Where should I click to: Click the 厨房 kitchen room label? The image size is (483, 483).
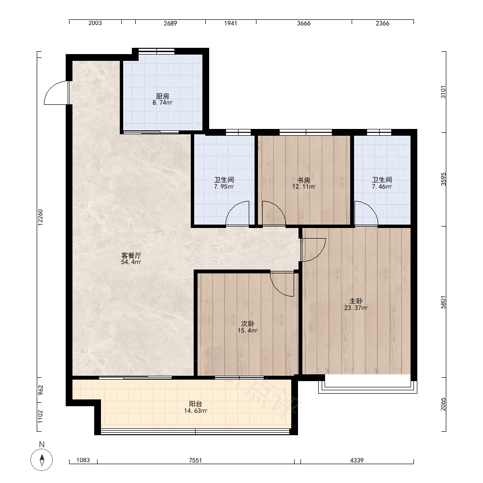click(x=162, y=96)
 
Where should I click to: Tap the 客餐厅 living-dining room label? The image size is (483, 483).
click(x=131, y=256)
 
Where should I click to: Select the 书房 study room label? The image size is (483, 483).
click(x=304, y=180)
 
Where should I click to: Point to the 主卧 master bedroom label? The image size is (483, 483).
click(x=356, y=301)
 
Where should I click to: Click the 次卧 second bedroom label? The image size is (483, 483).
click(x=247, y=324)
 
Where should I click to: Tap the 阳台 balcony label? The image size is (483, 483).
click(x=195, y=404)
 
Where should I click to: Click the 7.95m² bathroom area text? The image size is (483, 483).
click(x=224, y=186)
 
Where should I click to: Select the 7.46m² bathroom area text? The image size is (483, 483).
click(x=382, y=186)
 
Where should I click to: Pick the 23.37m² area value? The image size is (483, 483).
click(x=356, y=308)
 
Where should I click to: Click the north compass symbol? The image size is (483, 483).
click(x=42, y=460)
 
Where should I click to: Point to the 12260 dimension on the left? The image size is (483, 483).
click(x=41, y=217)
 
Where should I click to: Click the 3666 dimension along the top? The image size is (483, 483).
click(x=304, y=23)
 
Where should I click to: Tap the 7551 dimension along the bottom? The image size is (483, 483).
click(x=195, y=460)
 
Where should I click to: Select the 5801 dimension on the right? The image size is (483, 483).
click(x=443, y=302)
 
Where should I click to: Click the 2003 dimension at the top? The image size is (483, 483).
click(x=95, y=23)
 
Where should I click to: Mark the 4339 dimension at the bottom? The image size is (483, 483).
click(x=357, y=460)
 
